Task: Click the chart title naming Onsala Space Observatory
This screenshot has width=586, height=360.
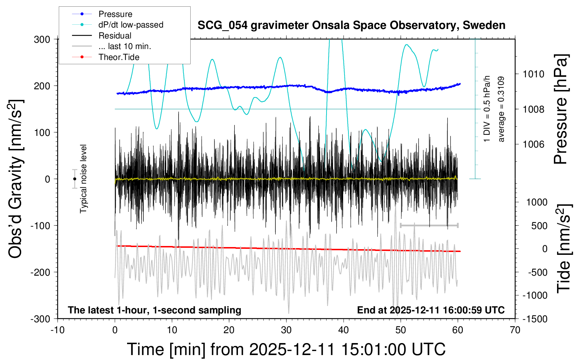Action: click(x=351, y=25)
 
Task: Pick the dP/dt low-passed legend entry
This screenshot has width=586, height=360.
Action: click(x=131, y=25)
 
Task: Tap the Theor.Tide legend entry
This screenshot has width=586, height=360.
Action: click(x=119, y=57)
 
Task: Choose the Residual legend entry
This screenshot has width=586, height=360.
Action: click(x=115, y=36)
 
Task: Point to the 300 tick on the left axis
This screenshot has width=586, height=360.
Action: click(x=42, y=39)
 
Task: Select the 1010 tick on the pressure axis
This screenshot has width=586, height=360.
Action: click(x=534, y=74)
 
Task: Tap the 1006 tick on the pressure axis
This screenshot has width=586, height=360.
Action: click(x=534, y=144)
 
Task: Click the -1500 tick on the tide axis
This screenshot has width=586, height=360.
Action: click(x=534, y=319)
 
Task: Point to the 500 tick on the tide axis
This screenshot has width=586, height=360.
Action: click(x=539, y=226)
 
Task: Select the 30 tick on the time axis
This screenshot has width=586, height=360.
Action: click(x=286, y=330)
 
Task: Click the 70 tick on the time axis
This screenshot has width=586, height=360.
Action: click(x=515, y=330)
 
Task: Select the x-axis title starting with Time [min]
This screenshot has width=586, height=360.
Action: click(x=286, y=349)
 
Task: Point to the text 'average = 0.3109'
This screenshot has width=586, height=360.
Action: click(x=501, y=109)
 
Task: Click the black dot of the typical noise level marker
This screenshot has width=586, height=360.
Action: click(x=74, y=179)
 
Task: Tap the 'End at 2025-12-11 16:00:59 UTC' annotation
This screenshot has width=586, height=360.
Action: click(x=431, y=310)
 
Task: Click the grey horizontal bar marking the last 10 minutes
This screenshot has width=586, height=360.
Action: click(x=429, y=225)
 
